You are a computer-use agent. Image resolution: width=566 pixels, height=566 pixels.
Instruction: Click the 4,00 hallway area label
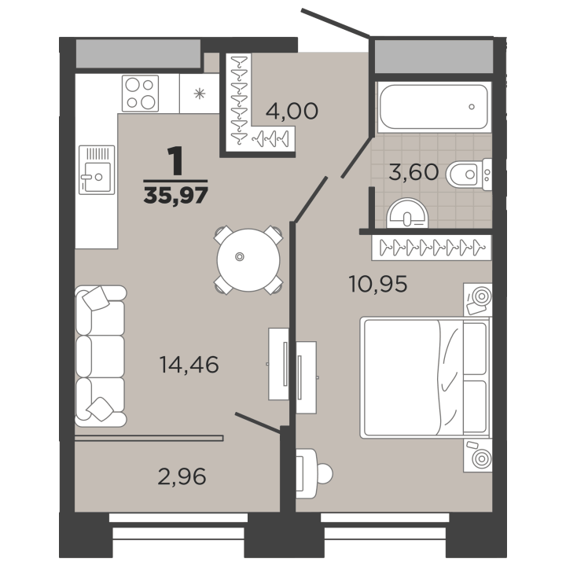(292, 111)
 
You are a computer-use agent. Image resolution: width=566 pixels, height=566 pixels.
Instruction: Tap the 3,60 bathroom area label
(413, 172)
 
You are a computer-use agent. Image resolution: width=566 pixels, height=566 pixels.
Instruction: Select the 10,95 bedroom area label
(378, 284)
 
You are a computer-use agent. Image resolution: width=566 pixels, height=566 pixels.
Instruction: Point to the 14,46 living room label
(189, 364)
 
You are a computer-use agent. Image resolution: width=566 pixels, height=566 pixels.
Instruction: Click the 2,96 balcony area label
(182, 476)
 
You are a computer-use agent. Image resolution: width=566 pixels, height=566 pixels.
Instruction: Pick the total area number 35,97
(176, 195)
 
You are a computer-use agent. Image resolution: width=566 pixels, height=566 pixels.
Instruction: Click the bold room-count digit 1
(176, 161)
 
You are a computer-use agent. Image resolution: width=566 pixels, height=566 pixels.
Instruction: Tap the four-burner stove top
(141, 94)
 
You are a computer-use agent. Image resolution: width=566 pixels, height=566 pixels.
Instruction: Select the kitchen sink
(97, 170)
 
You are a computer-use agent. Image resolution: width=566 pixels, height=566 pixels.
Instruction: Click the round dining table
(248, 260)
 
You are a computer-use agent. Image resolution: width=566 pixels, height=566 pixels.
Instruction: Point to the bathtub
(434, 107)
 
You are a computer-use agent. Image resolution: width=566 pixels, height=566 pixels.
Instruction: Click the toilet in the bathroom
(469, 175)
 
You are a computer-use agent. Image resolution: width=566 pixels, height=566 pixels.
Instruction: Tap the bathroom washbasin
(407, 214)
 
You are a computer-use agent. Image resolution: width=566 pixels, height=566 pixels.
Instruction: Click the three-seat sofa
(101, 356)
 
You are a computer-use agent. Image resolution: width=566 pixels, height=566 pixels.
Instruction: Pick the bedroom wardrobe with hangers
(432, 248)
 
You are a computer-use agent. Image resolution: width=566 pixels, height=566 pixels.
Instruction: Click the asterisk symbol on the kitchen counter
(199, 94)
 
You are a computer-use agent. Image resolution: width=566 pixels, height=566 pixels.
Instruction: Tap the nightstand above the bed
(478, 300)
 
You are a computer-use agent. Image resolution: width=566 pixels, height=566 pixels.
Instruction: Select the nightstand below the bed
(478, 455)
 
